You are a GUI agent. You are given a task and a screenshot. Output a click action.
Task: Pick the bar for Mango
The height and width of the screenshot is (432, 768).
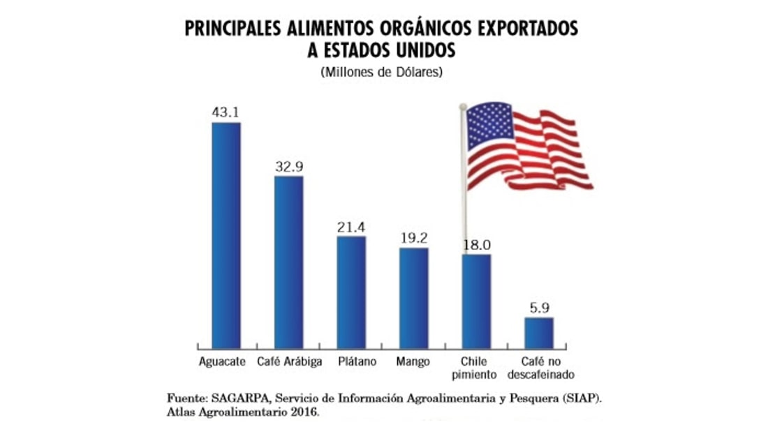coord(414,298)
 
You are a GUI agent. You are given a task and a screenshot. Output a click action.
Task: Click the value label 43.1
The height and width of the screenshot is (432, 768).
coord(226,112)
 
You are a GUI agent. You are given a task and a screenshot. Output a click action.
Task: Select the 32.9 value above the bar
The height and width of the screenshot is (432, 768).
coord(288,166)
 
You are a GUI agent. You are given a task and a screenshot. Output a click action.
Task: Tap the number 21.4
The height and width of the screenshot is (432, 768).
coord(351,227)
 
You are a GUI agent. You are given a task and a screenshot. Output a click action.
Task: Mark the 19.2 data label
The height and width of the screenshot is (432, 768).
coord(414,237)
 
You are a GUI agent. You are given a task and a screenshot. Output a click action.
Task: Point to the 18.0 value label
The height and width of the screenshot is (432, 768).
coord(478,244)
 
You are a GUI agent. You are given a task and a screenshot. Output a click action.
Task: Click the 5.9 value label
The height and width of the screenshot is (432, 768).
coord(539,308)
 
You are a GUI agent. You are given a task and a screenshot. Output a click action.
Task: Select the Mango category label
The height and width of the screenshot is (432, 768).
coord(413,362)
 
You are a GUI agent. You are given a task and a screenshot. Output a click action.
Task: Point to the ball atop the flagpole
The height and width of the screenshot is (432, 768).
coord(462,106)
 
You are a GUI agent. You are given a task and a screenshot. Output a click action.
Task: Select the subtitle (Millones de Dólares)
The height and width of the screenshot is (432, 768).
coord(382,72)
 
